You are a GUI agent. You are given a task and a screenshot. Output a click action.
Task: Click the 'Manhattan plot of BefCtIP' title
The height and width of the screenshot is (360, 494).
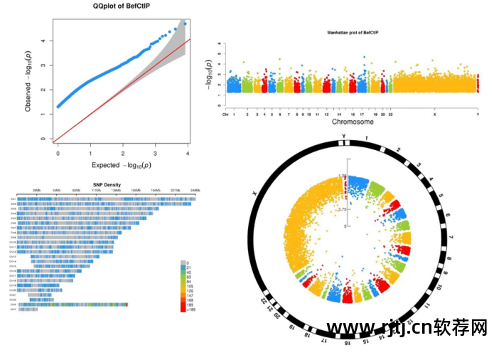click(351, 33)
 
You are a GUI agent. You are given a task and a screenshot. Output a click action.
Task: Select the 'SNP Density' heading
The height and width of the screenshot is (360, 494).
click(107, 185)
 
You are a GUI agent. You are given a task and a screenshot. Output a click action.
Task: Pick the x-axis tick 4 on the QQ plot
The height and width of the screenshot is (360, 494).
click(188, 153)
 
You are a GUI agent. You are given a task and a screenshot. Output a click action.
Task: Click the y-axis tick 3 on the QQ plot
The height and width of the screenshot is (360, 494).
click(45, 65)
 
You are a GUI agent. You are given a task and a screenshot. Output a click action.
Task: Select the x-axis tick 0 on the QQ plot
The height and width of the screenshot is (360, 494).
click(58, 153)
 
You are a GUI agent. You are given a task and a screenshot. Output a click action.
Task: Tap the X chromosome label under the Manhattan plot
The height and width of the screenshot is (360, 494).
click(434, 114)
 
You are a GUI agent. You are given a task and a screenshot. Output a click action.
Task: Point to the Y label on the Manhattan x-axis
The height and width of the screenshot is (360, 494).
click(478, 114)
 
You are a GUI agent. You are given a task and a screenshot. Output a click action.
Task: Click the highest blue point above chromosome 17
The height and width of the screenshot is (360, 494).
click(364, 57)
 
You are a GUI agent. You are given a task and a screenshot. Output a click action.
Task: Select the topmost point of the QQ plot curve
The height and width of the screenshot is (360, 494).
click(185, 23)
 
